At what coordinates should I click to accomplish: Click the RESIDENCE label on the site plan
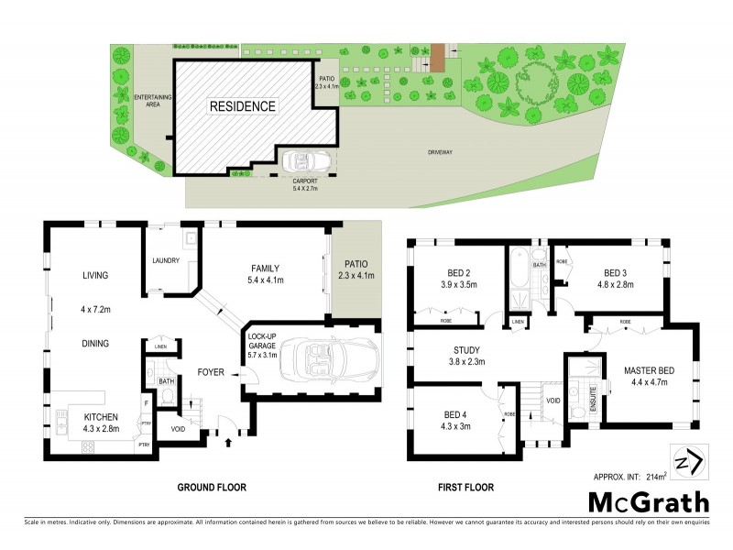click(x=243, y=106)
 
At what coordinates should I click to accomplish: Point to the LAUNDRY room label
click(x=166, y=261)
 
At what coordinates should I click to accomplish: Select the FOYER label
click(x=212, y=372)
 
